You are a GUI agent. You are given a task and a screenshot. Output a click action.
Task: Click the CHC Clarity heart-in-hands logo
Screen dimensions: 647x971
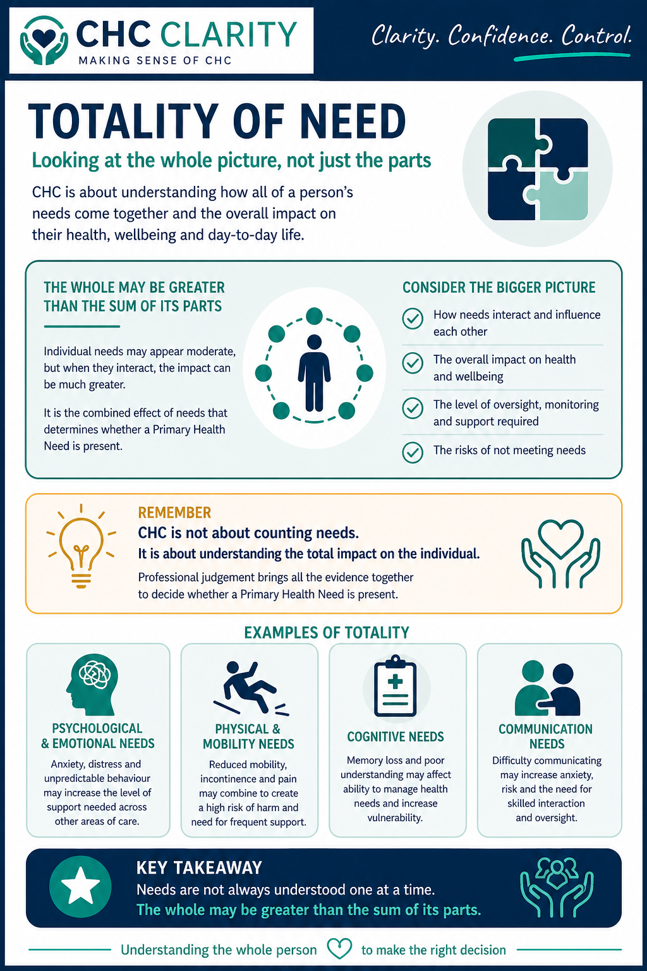coord(44,40)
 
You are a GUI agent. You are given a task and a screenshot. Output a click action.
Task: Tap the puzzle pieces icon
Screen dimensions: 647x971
coord(538,169)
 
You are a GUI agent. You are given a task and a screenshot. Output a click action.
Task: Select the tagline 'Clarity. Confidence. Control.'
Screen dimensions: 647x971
coord(501,35)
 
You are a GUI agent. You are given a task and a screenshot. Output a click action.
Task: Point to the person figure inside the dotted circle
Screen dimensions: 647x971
coord(314,373)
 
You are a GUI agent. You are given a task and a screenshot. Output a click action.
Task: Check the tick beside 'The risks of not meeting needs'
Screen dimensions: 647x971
coord(413,452)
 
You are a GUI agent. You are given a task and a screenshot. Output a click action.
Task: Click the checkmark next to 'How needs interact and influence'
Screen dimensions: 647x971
coord(413,319)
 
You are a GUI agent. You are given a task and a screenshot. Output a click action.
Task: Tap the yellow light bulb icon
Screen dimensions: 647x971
coord(81,545)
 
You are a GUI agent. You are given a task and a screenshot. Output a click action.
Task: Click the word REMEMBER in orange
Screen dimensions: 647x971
coord(174,513)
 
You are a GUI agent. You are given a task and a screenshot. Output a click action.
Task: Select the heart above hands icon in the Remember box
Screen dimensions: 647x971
coord(560,553)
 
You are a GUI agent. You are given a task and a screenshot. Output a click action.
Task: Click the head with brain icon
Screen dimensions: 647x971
coord(92,684)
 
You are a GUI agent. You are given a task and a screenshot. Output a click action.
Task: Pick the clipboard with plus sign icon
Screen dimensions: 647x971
coord(396,687)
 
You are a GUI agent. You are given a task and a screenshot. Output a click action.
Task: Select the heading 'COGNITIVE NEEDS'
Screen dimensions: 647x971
coord(396,737)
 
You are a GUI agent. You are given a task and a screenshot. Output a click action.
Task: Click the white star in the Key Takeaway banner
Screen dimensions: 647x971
coord(80,888)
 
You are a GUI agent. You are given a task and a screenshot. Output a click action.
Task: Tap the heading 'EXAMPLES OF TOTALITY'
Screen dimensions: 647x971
coord(327,633)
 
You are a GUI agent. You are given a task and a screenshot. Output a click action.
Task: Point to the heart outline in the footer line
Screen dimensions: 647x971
coord(339,948)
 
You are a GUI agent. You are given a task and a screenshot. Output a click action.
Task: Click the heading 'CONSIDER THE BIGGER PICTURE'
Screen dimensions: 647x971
coord(499,288)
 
